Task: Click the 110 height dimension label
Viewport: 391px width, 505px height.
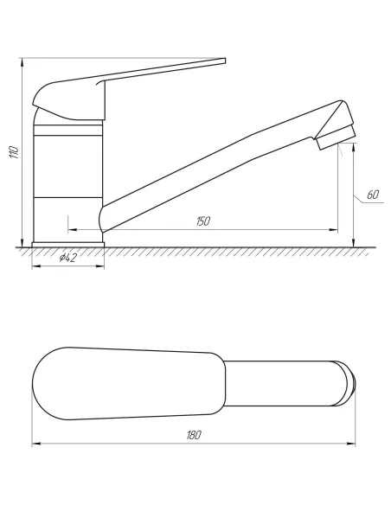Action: point(15,152)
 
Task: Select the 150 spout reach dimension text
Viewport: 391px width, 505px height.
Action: point(203,221)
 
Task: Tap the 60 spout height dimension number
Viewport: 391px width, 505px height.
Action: point(373,195)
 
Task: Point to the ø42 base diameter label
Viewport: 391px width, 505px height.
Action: point(67,258)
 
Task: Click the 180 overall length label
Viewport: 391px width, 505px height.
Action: point(194,435)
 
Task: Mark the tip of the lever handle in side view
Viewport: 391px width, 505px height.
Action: point(225,61)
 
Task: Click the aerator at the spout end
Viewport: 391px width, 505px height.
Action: point(336,137)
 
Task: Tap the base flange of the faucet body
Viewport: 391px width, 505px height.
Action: point(68,245)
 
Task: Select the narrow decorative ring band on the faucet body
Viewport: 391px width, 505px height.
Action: point(68,130)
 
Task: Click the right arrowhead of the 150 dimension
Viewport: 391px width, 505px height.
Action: point(334,230)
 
